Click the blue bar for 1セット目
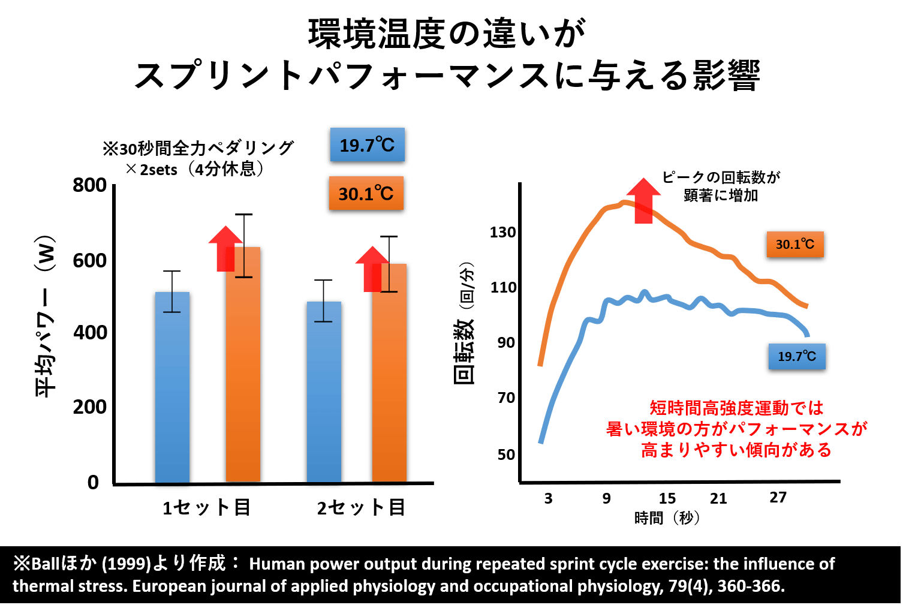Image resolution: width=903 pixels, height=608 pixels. (172, 387)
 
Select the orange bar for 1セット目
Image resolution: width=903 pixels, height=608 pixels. (243, 365)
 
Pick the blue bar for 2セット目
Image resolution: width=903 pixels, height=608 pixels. (324, 392)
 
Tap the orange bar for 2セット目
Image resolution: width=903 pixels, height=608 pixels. (389, 373)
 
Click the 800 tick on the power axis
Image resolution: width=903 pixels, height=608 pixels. (89, 185)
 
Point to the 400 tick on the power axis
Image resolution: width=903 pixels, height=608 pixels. (90, 333)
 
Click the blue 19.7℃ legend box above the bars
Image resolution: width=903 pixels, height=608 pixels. (367, 145)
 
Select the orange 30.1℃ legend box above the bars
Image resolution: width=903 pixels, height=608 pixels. (366, 193)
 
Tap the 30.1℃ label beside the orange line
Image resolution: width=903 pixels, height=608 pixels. (795, 244)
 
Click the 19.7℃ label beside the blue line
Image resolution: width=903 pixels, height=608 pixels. (797, 356)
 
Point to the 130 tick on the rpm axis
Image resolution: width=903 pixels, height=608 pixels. (502, 232)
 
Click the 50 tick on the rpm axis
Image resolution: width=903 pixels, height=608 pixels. (506, 455)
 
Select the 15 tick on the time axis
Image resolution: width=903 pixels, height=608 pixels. (667, 499)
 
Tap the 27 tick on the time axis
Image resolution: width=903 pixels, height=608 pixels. (778, 498)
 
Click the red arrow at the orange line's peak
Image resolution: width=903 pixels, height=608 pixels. (644, 201)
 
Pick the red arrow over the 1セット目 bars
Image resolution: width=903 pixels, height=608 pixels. (225, 248)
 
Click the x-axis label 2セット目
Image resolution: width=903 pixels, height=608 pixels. (361, 507)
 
